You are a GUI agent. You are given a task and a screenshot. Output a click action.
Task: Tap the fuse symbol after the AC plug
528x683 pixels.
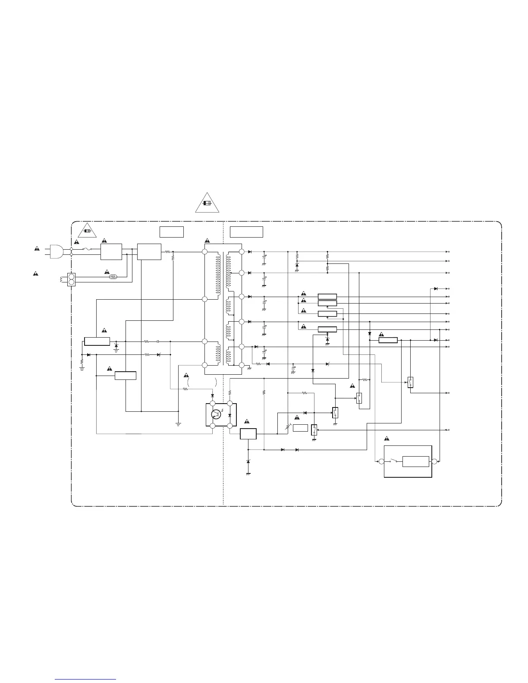(86, 249)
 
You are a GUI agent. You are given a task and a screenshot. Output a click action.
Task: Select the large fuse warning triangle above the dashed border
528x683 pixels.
(207, 203)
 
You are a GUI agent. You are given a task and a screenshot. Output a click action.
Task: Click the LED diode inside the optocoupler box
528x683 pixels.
(229, 415)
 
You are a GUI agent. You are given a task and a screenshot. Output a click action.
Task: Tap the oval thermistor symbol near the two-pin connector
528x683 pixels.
(113, 277)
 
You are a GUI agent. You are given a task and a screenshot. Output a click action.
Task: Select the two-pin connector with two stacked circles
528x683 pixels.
(72, 279)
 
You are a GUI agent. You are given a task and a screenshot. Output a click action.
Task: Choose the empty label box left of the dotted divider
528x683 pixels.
(171, 232)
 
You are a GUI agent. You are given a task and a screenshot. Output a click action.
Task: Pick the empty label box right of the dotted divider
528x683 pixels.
(246, 232)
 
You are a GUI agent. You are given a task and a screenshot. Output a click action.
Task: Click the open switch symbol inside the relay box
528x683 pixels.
(393, 460)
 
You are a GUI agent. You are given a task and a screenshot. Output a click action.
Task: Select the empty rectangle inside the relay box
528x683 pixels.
(415, 461)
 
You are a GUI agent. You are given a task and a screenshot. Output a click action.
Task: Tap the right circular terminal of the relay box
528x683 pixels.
(434, 462)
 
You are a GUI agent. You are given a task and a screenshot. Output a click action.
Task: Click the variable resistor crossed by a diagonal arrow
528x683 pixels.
(288, 427)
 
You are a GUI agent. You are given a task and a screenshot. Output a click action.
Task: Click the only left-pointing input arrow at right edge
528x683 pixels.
(447, 430)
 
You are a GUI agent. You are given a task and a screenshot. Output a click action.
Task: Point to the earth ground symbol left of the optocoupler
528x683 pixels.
(178, 423)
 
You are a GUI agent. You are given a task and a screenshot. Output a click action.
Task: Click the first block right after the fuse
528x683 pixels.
(111, 252)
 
